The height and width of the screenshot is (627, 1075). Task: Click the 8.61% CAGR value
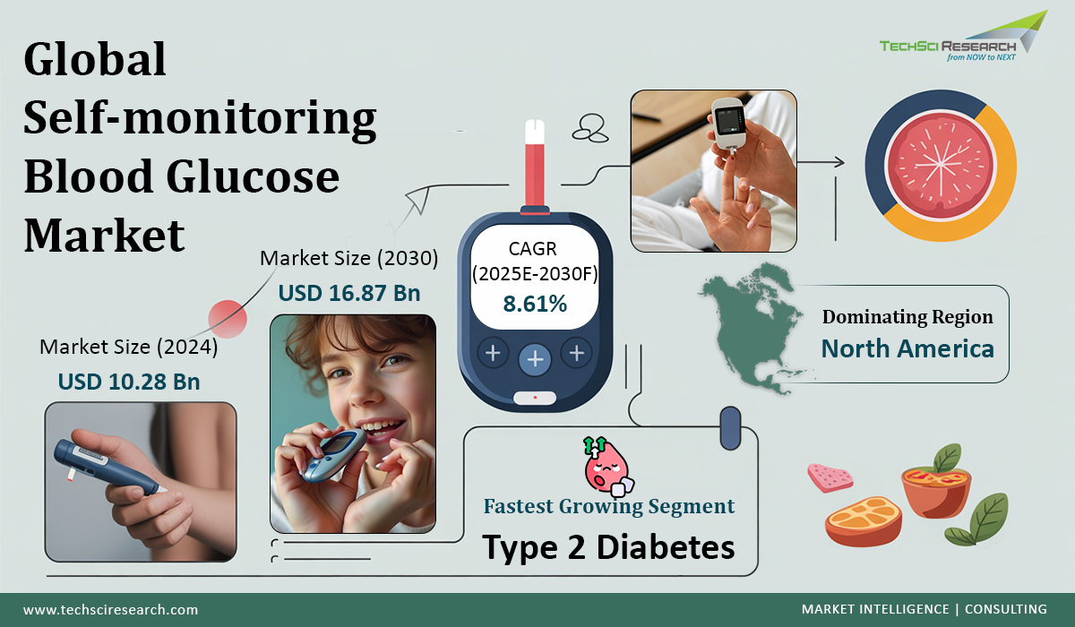[x=534, y=304]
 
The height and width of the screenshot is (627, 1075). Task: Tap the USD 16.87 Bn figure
[x=349, y=293]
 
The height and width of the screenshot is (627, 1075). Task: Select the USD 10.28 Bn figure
[x=129, y=382]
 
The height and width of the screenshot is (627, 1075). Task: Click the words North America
[x=907, y=348]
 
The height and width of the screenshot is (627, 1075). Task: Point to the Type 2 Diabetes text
[x=609, y=545]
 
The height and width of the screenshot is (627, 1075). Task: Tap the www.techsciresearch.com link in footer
[x=110, y=609]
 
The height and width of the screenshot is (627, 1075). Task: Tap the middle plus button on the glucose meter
[x=535, y=360]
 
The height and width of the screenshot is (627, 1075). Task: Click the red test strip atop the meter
[x=535, y=166]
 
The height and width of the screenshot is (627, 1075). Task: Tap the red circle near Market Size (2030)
[x=228, y=318]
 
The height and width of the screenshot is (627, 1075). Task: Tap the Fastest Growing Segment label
[x=609, y=506]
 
